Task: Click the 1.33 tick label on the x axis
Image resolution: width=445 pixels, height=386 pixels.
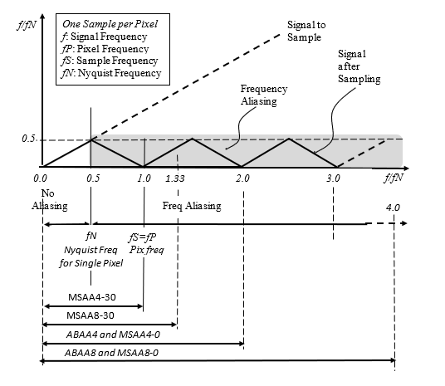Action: [x=175, y=178]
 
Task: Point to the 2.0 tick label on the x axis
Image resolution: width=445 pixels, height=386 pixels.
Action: [x=242, y=178]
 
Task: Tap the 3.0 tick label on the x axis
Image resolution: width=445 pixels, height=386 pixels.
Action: [x=333, y=178]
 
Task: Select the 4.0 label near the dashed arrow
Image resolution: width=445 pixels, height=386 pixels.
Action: [x=393, y=208]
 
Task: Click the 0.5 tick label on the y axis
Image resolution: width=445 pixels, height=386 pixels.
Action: [x=28, y=139]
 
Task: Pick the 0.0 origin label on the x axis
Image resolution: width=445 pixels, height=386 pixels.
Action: [x=40, y=178]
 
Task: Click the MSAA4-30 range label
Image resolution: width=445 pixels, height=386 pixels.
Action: [x=92, y=297]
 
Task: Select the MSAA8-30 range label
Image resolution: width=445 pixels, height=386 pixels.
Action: [x=90, y=315]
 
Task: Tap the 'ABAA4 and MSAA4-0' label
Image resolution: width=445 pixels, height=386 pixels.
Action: [x=113, y=335]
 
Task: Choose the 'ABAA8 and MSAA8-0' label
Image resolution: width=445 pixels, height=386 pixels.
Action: [x=111, y=353]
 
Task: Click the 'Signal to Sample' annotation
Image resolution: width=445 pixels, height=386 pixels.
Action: [x=306, y=31]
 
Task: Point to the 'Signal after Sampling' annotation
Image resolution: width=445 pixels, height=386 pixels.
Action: [x=359, y=66]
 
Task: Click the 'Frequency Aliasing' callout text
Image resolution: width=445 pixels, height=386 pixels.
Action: [x=264, y=95]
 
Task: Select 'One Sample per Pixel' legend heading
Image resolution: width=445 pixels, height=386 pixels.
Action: [x=110, y=24]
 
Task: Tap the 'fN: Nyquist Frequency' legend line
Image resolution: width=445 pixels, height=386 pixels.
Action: [x=111, y=73]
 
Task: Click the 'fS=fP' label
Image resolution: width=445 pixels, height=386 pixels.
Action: [x=142, y=237]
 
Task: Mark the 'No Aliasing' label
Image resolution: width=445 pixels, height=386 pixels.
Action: [x=50, y=199]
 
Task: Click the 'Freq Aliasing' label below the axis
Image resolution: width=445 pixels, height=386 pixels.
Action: [x=192, y=206]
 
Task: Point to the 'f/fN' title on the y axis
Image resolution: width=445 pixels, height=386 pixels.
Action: [x=27, y=25]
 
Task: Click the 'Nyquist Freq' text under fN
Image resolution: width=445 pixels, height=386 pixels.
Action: [x=90, y=250]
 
